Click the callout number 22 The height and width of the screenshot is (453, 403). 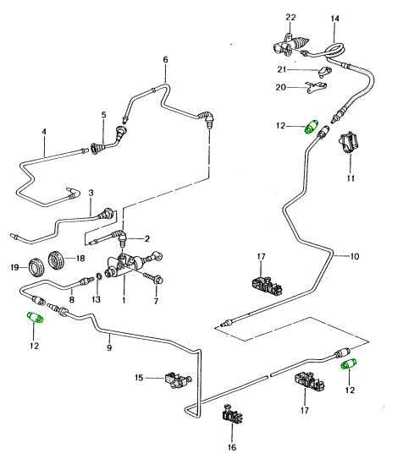click(290, 18)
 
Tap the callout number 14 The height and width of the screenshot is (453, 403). click(334, 19)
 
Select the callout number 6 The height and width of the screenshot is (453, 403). click(165, 60)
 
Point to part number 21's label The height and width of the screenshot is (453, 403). click(282, 69)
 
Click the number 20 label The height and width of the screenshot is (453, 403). click(280, 87)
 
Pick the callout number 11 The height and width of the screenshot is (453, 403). click(351, 178)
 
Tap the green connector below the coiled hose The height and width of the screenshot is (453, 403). click(311, 127)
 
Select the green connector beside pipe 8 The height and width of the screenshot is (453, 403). click(36, 318)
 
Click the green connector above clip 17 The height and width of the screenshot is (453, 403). click(348, 363)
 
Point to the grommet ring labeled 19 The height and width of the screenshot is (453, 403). click(36, 267)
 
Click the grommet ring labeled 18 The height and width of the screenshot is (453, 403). click(55, 259)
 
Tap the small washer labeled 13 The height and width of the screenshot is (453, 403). click(99, 276)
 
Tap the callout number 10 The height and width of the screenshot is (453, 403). click(355, 256)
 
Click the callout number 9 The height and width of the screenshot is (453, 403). click(109, 347)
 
